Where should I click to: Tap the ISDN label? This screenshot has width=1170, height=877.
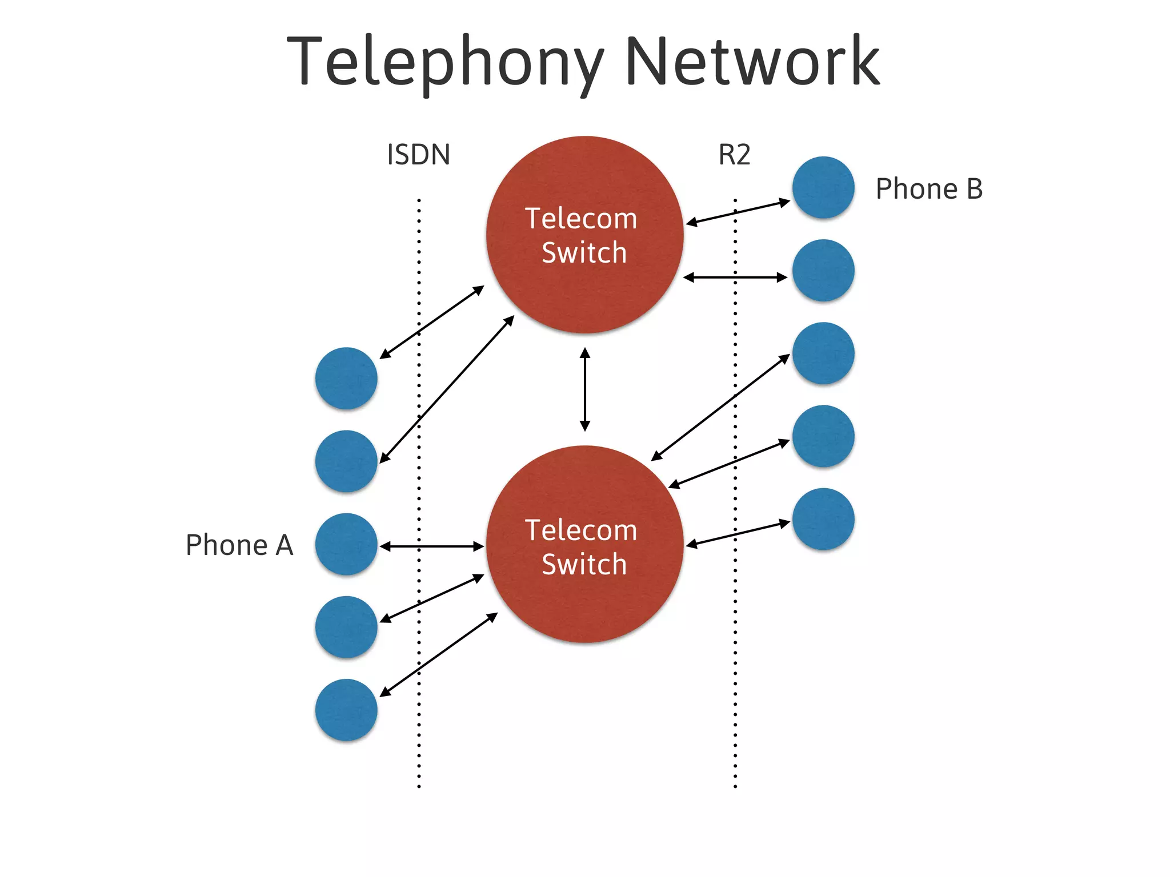418,155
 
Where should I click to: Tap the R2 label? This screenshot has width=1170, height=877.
734,155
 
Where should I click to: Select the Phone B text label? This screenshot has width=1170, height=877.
929,189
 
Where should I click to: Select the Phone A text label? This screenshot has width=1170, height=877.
239,545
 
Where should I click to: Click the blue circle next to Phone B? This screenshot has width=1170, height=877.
823,187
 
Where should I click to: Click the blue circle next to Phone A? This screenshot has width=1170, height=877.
346,544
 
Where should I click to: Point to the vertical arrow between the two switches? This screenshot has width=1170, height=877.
584,389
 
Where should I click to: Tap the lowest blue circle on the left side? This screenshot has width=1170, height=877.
346,710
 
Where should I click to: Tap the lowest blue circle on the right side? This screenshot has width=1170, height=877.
823,519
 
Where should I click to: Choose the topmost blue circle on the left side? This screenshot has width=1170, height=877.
346,378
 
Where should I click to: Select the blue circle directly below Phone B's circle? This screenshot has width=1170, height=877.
823,270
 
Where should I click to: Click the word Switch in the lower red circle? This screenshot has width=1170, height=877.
584,565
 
